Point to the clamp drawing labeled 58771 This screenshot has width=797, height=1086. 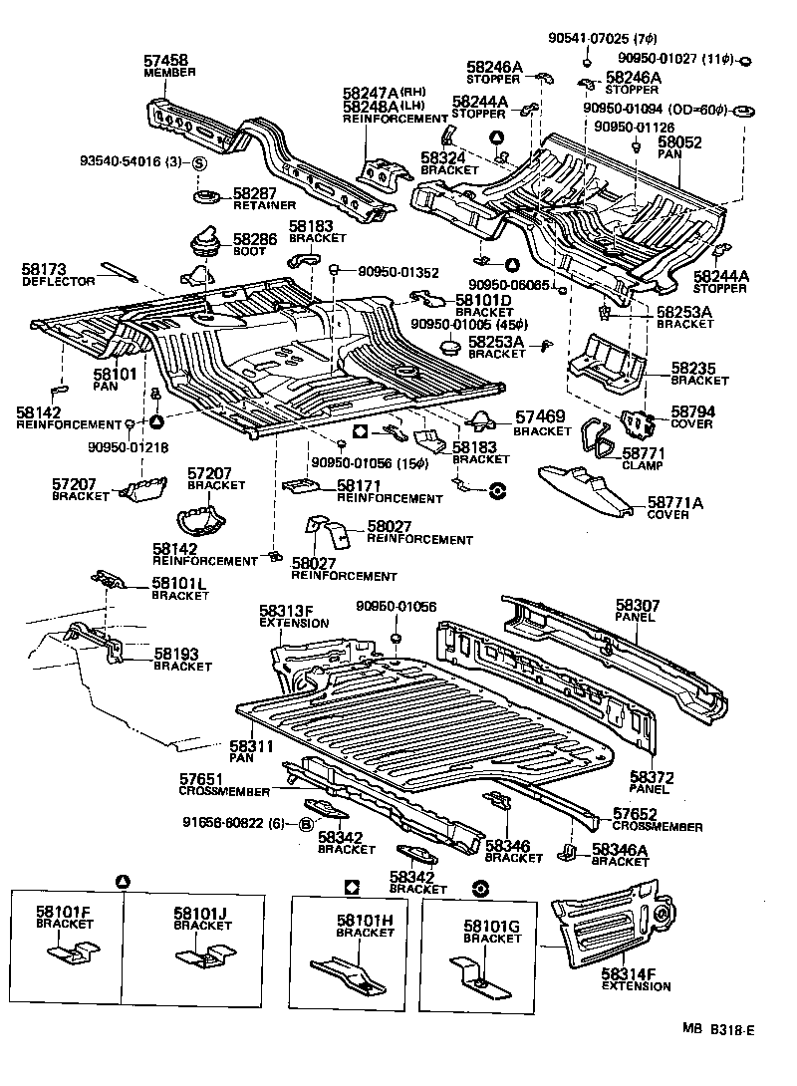tap(600, 437)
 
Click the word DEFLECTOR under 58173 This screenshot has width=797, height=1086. tap(59, 282)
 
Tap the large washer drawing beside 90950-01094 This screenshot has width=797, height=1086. tap(741, 107)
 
